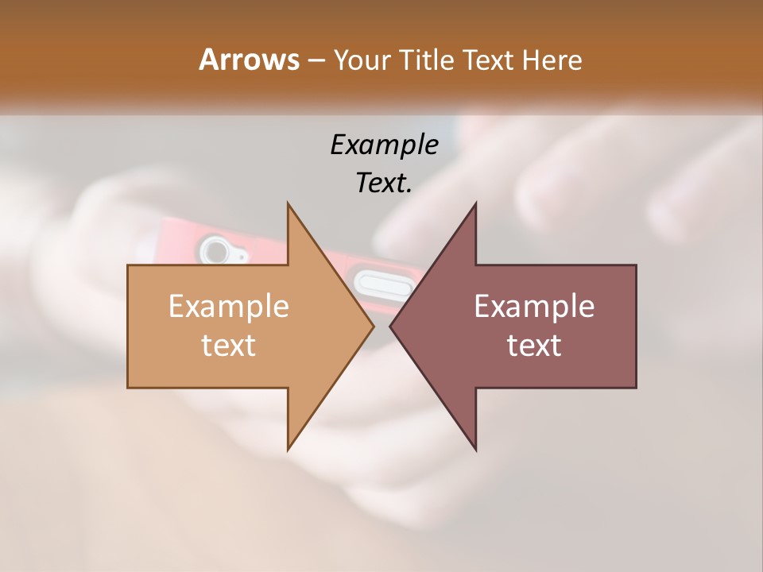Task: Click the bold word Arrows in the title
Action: pos(249,60)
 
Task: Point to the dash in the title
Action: pos(316,61)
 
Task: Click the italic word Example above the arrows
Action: pos(384,145)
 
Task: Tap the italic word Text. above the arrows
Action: pos(384,183)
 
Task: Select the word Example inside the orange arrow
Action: pos(229,307)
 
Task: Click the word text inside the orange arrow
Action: pos(229,345)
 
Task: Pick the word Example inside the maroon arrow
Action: pos(534,307)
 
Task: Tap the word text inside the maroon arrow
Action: pos(534,345)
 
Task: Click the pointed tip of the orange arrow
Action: pos(373,326)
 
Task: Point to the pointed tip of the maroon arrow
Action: pos(391,326)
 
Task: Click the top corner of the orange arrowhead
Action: pos(288,204)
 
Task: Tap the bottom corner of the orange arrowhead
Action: pos(288,449)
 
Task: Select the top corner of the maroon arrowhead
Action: pos(475,204)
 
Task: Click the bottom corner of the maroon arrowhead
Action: pos(475,449)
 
